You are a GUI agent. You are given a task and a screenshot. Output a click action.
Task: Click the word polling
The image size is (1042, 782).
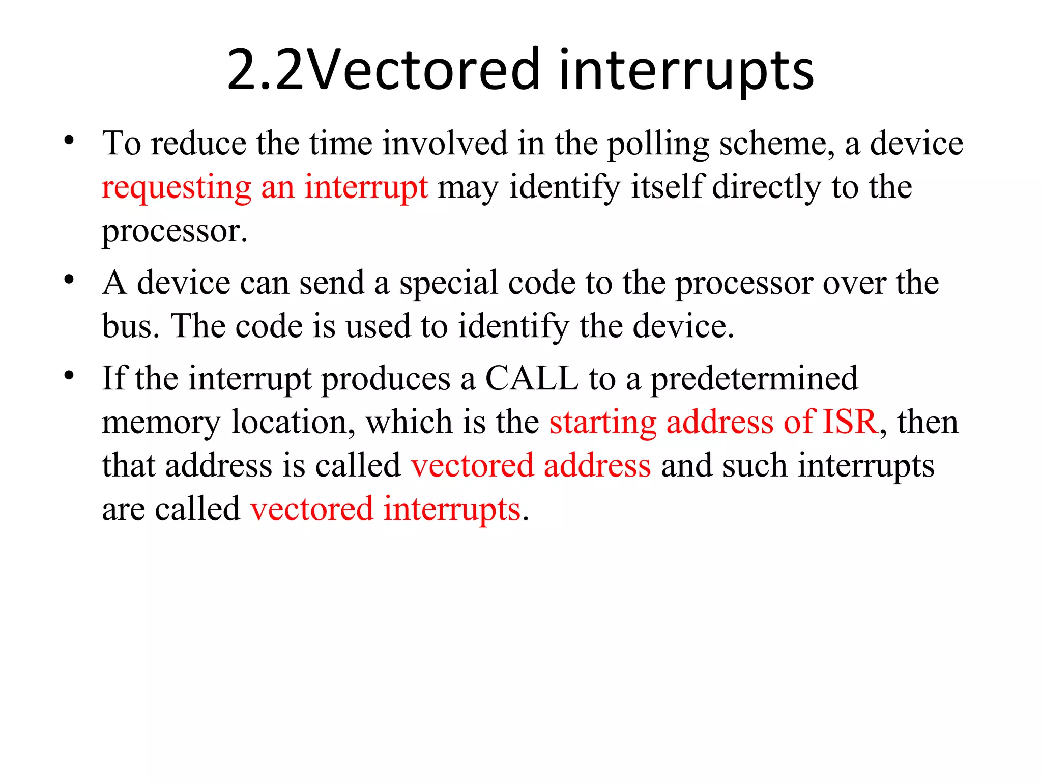click(x=658, y=144)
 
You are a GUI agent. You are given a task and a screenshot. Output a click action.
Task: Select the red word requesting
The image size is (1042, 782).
click(x=177, y=187)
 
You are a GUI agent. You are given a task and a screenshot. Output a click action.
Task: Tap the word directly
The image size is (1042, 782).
click(x=766, y=186)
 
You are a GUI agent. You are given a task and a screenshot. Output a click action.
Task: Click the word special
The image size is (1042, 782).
click(x=448, y=283)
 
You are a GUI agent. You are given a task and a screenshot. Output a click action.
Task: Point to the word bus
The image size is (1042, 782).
click(x=127, y=326)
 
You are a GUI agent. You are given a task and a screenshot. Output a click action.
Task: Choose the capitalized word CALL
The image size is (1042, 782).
click(x=532, y=378)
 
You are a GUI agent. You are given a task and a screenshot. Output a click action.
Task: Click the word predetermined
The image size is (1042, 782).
click(x=754, y=378)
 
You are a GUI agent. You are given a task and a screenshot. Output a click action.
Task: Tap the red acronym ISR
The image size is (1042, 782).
click(x=851, y=422)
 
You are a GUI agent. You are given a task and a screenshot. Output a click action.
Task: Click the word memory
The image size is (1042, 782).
click(x=161, y=423)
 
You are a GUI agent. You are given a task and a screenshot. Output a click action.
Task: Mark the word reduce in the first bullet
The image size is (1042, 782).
click(x=198, y=143)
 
